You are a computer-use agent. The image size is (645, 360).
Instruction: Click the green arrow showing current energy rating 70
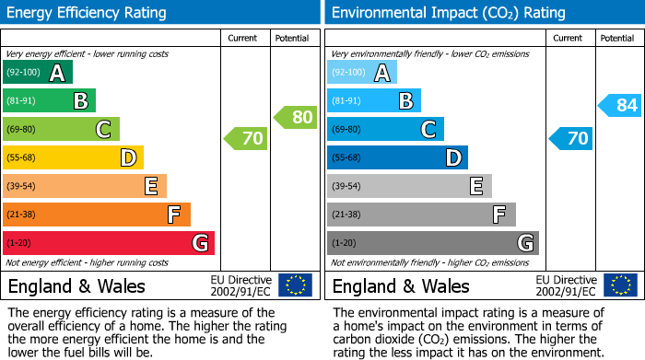[246, 139]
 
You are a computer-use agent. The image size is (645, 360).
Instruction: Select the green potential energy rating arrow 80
[296, 117]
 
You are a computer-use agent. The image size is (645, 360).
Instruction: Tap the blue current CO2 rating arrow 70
[570, 139]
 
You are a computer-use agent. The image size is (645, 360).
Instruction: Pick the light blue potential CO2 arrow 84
[620, 106]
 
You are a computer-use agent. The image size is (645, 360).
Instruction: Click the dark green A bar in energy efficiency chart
[37, 73]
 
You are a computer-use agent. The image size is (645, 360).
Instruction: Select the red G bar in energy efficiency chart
[108, 243]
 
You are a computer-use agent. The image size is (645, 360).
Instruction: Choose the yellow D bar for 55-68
[73, 158]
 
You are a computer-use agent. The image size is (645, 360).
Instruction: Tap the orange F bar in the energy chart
[96, 215]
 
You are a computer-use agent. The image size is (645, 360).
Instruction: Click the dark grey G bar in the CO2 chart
[432, 243]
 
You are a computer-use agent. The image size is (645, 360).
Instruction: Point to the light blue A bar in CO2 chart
[361, 73]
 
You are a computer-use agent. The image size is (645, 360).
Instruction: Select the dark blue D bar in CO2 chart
[397, 158]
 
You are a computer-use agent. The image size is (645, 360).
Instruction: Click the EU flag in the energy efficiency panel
[295, 285]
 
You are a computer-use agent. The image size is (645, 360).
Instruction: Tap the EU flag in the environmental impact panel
[619, 285]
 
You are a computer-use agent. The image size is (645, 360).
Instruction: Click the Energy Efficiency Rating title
[88, 13]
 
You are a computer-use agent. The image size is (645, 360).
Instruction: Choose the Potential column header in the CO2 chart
[617, 38]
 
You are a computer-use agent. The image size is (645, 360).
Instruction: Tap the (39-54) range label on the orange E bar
[23, 187]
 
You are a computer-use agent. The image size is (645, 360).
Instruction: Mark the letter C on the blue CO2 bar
[428, 130]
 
